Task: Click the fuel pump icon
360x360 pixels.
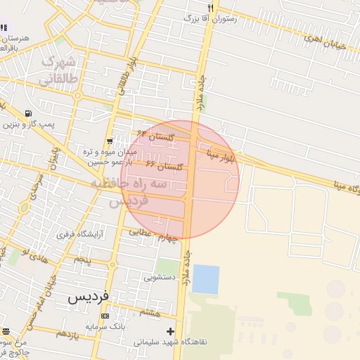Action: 27,113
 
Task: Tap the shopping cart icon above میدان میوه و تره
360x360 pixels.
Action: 110,141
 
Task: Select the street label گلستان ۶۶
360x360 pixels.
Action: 164,165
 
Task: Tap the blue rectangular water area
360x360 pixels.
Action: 205,279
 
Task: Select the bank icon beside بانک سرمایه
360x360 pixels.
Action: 114,316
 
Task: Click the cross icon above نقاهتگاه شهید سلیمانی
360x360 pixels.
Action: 169,331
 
